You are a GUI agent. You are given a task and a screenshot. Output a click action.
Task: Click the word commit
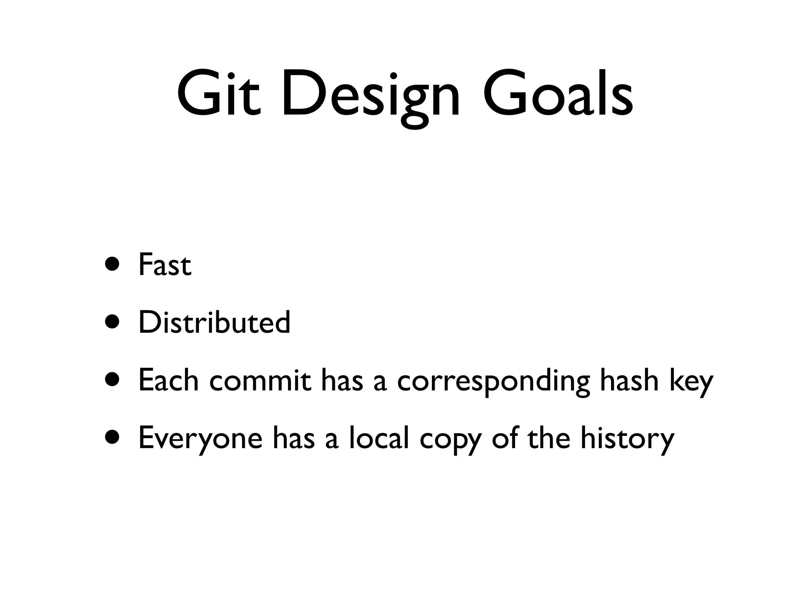coord(260,380)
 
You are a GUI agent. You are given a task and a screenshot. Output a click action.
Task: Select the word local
coord(379,437)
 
